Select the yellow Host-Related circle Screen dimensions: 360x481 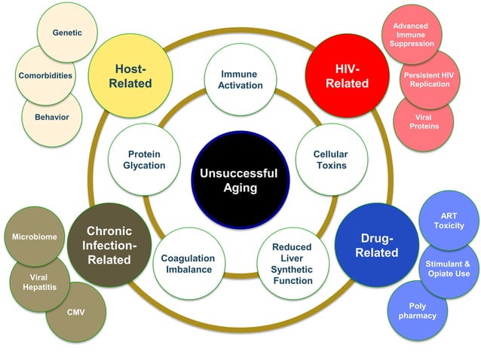pos(130,75)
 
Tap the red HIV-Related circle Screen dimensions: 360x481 pos(346,75)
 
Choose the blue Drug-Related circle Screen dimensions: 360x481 pos(377,246)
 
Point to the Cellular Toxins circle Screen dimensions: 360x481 pos(330,160)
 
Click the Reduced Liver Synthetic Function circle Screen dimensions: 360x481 pos(292,264)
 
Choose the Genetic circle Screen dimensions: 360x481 pos(67,33)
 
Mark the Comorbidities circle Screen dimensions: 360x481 pos(45,75)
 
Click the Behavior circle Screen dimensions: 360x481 pos(51,117)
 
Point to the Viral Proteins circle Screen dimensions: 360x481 pos(423,121)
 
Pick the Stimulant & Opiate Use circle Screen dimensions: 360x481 pos(447,268)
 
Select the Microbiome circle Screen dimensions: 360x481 pos(35,237)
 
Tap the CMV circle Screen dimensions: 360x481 pos(75,311)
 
